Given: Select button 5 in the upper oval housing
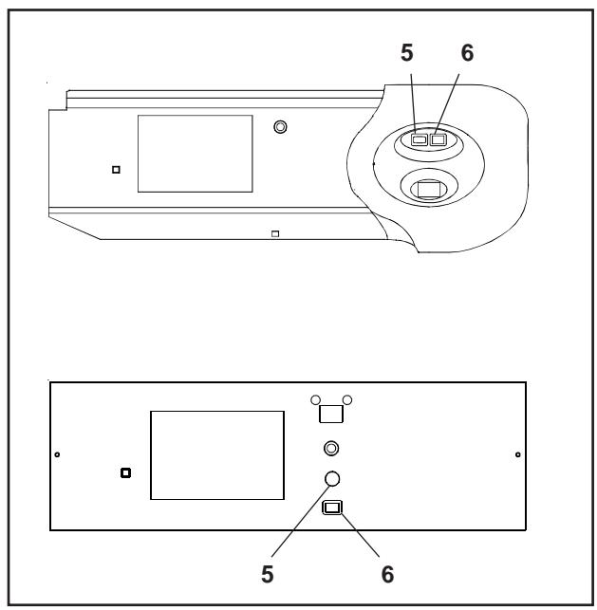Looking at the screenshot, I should (x=420, y=140).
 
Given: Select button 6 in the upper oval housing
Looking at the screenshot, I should (x=438, y=140).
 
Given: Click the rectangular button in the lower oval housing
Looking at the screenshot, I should (x=429, y=190).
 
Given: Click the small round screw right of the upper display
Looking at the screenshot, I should (x=280, y=126).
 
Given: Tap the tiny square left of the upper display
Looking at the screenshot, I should (x=116, y=171).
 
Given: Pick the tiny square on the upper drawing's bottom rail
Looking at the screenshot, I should (x=274, y=233).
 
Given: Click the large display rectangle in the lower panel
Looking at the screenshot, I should (x=217, y=455).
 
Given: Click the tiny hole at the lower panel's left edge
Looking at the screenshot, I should (x=58, y=454).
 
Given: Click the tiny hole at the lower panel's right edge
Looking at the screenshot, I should (x=517, y=454).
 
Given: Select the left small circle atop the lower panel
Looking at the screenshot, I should (x=315, y=399).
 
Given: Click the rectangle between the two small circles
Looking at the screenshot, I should (x=331, y=413).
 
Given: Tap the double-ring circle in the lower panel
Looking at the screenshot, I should (x=331, y=447).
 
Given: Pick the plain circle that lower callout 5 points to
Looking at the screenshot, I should (x=331, y=478).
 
